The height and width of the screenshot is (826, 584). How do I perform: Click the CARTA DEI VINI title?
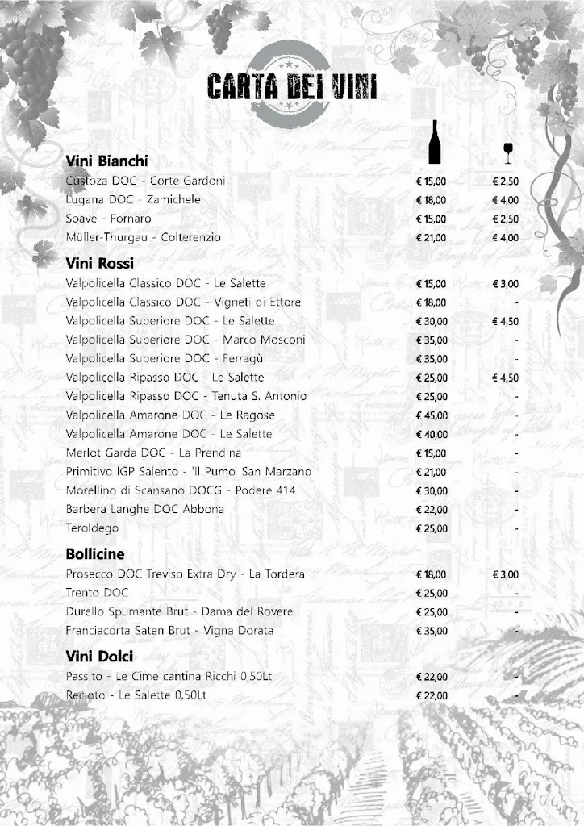(291, 86)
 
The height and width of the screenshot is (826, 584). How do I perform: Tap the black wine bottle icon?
(435, 142)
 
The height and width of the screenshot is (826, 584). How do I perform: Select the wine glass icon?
(507, 152)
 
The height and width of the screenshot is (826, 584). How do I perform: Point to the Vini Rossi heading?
(99, 263)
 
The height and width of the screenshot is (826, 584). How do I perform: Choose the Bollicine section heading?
(95, 554)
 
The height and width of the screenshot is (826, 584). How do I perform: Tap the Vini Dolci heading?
(99, 656)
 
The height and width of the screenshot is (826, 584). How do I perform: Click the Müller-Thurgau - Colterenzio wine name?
(143, 237)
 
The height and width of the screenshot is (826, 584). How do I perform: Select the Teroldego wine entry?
(92, 528)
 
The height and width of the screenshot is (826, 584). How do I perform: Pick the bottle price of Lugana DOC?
(431, 200)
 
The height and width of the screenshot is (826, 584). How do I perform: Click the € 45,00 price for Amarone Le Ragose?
(431, 415)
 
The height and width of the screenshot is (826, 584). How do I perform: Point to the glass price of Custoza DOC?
(506, 181)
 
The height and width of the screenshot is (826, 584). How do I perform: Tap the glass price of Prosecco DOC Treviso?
(506, 574)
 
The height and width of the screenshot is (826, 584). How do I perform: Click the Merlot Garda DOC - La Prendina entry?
(153, 453)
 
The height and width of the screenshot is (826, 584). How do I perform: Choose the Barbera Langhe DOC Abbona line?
(145, 509)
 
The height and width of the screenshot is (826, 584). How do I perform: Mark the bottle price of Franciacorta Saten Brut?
(431, 631)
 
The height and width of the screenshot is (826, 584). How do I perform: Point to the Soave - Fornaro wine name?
(108, 219)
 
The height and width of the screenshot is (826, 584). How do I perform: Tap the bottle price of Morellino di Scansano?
(431, 490)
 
